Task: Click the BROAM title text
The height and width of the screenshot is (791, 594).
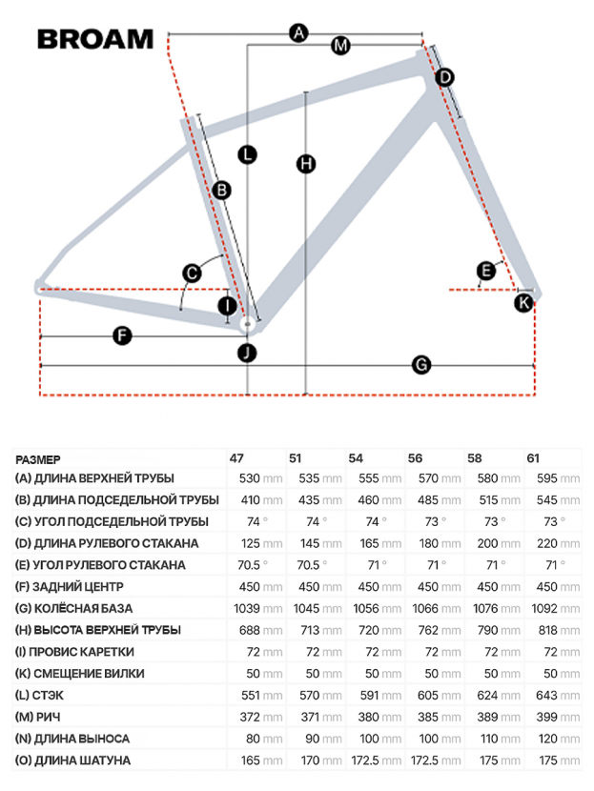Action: pos(94,38)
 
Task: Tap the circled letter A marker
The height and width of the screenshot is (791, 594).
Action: pos(298,33)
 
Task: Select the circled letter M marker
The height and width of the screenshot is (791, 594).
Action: pos(340,45)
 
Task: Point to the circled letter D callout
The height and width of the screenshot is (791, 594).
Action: pos(444,77)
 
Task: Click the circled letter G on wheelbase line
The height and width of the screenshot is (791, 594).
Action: pos(420,364)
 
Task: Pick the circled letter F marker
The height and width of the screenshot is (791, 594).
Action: pos(121,335)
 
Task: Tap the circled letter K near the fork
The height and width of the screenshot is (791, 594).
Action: pos(523,303)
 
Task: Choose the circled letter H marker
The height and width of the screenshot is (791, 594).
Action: pos(305,164)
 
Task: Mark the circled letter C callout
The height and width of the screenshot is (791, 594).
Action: pos(192,274)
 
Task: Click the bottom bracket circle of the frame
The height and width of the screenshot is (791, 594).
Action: pos(247,325)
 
